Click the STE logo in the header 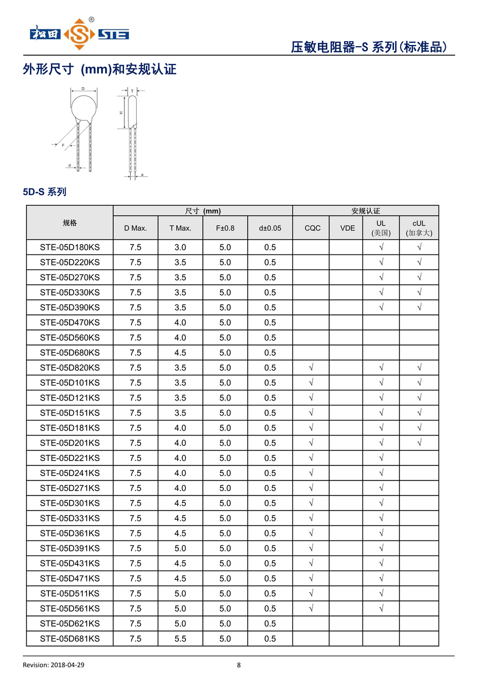pyautogui.click(x=79, y=34)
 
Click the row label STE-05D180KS pyautogui.click(x=70, y=247)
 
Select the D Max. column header pyautogui.click(x=136, y=228)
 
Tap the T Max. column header pyautogui.click(x=181, y=228)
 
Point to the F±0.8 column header pyautogui.click(x=225, y=228)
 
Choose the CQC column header pyautogui.click(x=312, y=228)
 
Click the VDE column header pyautogui.click(x=347, y=228)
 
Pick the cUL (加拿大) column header pyautogui.click(x=419, y=228)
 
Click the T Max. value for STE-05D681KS pyautogui.click(x=181, y=639)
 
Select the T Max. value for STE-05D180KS pyautogui.click(x=181, y=247)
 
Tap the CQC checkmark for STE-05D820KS pyautogui.click(x=311, y=368)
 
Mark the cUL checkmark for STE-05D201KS pyautogui.click(x=419, y=443)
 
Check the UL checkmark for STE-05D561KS pyautogui.click(x=381, y=608)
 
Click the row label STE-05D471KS pyautogui.click(x=70, y=578)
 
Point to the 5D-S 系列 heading pyautogui.click(x=44, y=192)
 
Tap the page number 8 pyautogui.click(x=239, y=665)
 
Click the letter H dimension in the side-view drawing pyautogui.click(x=121, y=113)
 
